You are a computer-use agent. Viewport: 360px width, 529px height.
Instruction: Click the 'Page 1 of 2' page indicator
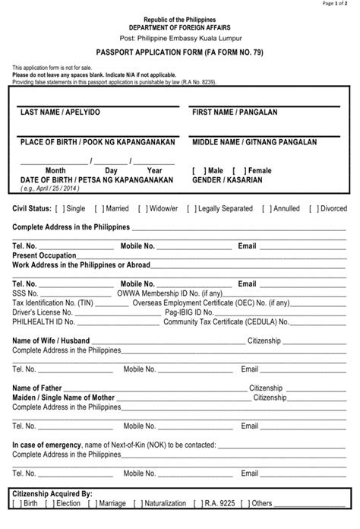(x=339, y=4)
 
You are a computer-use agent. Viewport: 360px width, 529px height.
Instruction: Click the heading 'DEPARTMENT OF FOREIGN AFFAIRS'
(x=180, y=27)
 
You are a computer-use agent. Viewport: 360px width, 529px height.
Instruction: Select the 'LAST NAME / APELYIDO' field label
(x=60, y=112)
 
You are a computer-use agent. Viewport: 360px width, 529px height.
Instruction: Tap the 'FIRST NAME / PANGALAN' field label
(x=235, y=112)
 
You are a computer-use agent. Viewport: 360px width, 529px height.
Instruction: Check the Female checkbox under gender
(x=237, y=171)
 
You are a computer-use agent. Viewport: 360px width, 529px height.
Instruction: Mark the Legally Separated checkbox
(x=191, y=207)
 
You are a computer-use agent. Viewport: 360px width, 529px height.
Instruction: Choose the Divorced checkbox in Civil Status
(x=314, y=207)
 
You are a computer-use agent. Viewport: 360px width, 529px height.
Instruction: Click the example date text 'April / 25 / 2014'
(x=52, y=188)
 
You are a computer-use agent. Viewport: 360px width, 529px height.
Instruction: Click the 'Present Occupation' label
(x=44, y=255)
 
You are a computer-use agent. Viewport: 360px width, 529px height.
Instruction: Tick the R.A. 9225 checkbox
(x=197, y=503)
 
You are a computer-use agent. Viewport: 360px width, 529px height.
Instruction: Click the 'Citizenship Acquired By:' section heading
(x=52, y=493)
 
